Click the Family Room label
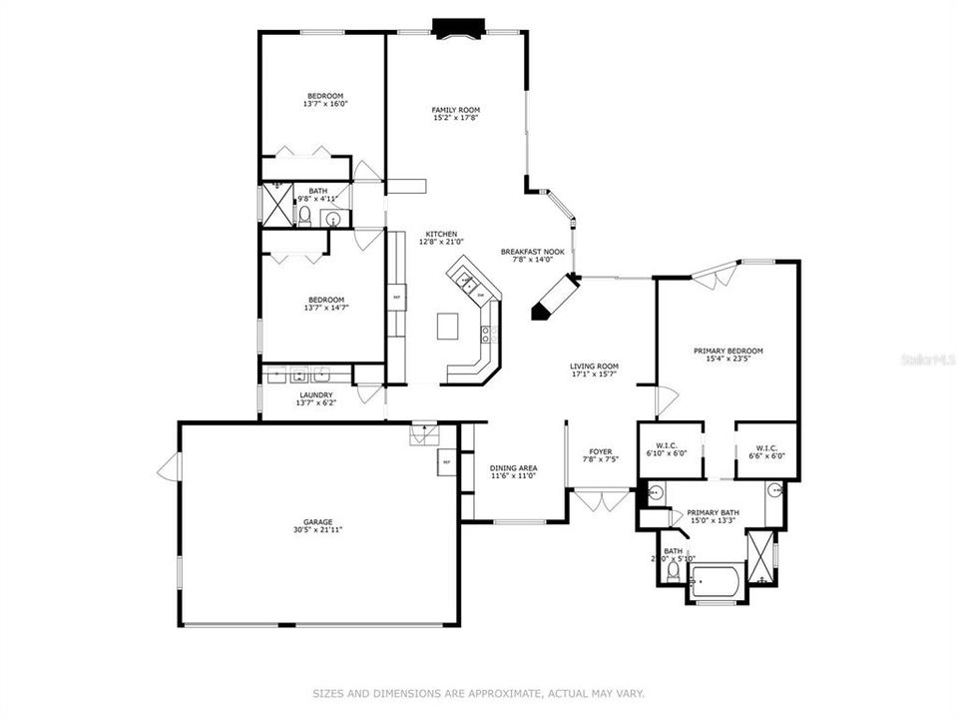click(456, 110)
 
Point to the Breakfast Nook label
click(532, 252)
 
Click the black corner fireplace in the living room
click(554, 298)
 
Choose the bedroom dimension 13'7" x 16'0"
click(325, 104)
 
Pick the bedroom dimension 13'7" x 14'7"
click(325, 308)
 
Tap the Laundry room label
click(315, 395)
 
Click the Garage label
click(318, 521)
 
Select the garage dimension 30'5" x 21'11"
click(318, 530)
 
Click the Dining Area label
click(514, 467)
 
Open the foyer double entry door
click(601, 498)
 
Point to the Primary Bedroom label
click(728, 352)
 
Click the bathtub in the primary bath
click(716, 581)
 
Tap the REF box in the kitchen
click(396, 297)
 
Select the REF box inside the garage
click(446, 462)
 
